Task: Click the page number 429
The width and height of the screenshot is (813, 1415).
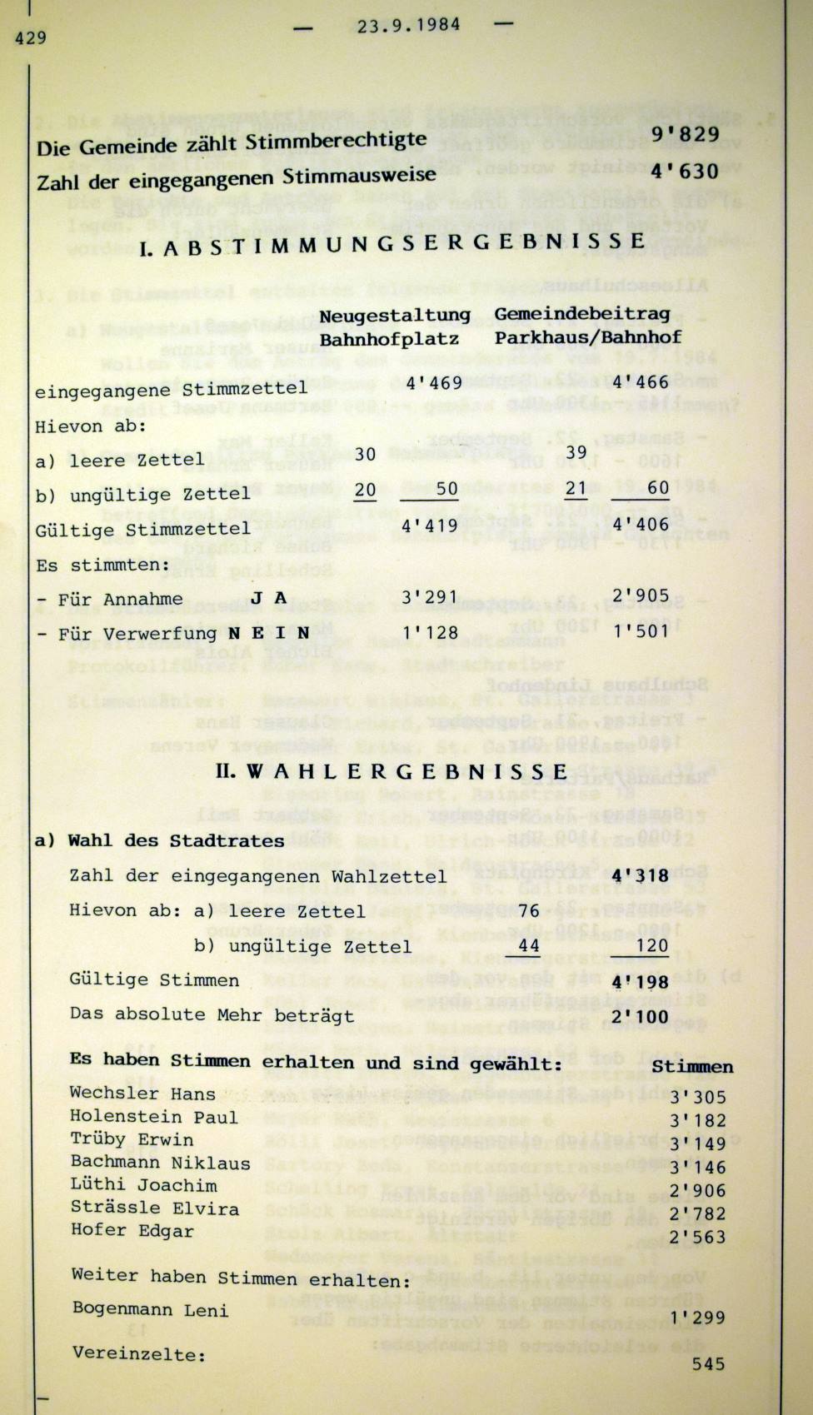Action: pyautogui.click(x=30, y=37)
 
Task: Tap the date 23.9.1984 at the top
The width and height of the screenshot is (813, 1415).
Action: pyautogui.click(x=408, y=25)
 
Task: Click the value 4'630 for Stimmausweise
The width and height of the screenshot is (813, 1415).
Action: pyautogui.click(x=685, y=171)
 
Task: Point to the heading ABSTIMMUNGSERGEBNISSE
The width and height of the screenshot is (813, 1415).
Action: pyautogui.click(x=392, y=243)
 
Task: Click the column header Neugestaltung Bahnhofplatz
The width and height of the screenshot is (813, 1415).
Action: pyautogui.click(x=395, y=326)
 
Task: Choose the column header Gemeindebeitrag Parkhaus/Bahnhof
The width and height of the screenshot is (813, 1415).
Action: pyautogui.click(x=587, y=325)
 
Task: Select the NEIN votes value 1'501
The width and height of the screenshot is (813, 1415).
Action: pyautogui.click(x=641, y=630)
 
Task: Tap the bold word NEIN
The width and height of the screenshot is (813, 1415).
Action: pyautogui.click(x=268, y=633)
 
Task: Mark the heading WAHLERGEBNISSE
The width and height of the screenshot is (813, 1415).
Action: pyautogui.click(x=392, y=771)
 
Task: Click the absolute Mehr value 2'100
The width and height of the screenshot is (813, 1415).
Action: pyautogui.click(x=640, y=1016)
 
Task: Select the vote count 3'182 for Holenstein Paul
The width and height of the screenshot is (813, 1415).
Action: pyautogui.click(x=698, y=1121)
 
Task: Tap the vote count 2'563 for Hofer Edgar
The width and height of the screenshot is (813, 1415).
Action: pyautogui.click(x=698, y=1238)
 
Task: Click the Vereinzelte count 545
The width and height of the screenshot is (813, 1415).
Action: pyautogui.click(x=708, y=1364)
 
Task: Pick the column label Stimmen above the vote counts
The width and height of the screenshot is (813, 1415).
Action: pyautogui.click(x=692, y=1067)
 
